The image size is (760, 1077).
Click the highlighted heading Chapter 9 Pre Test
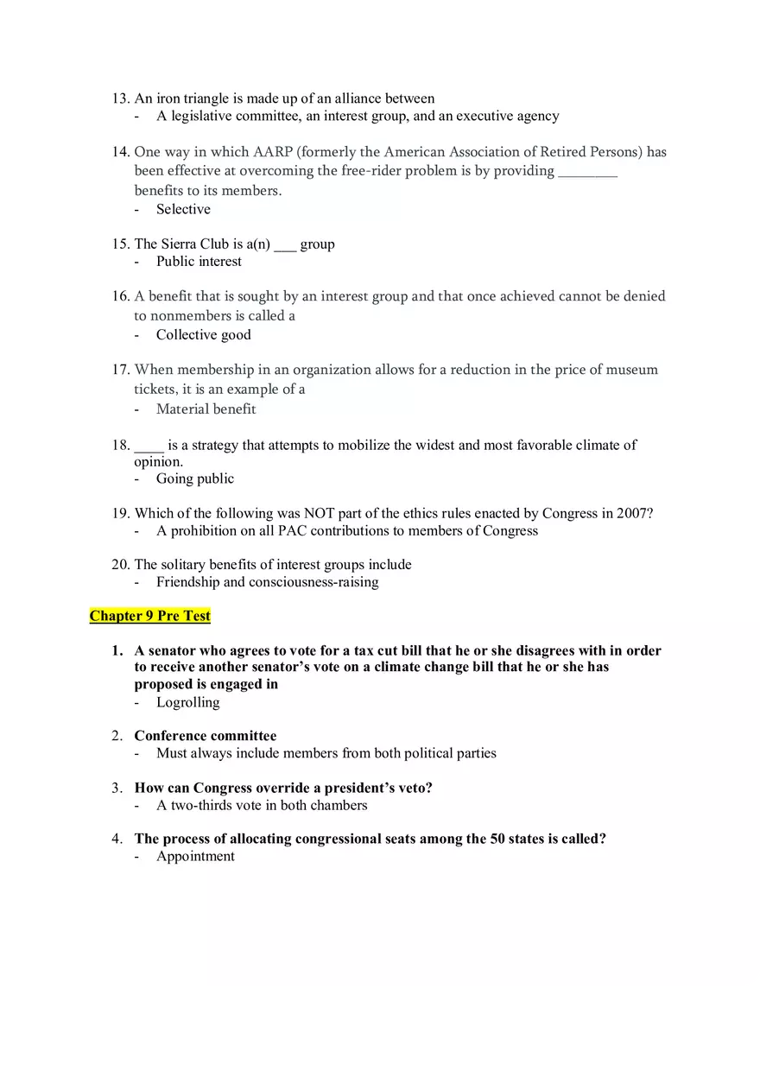pyautogui.click(x=150, y=616)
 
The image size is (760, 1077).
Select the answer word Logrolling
pyautogui.click(x=187, y=702)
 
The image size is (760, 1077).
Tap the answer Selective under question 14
pyautogui.click(x=183, y=209)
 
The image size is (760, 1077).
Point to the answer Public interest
pyautogui.click(x=199, y=261)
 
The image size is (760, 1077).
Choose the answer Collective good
pyautogui.click(x=203, y=335)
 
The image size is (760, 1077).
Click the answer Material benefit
pyautogui.click(x=206, y=409)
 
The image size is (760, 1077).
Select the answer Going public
pyautogui.click(x=194, y=478)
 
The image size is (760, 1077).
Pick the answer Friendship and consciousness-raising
pyautogui.click(x=267, y=582)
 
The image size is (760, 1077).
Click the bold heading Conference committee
pyautogui.click(x=206, y=736)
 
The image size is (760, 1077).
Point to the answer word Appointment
pyautogui.click(x=195, y=856)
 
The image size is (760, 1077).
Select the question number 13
pyautogui.click(x=120, y=98)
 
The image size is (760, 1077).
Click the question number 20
pyautogui.click(x=120, y=565)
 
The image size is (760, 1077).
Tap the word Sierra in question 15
pyautogui.click(x=180, y=244)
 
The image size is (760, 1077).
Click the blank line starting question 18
pyautogui.click(x=149, y=446)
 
